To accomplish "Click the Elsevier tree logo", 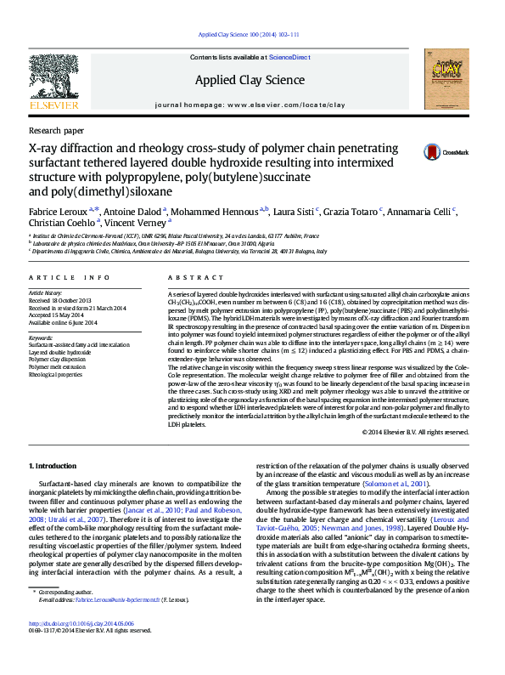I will [x=53, y=80].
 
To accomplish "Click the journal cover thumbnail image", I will [x=447, y=79].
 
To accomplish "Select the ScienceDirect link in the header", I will [x=289, y=57].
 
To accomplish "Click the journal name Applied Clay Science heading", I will [x=251, y=80].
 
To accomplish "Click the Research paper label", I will [x=56, y=131].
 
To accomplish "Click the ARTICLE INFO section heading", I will [x=69, y=278].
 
